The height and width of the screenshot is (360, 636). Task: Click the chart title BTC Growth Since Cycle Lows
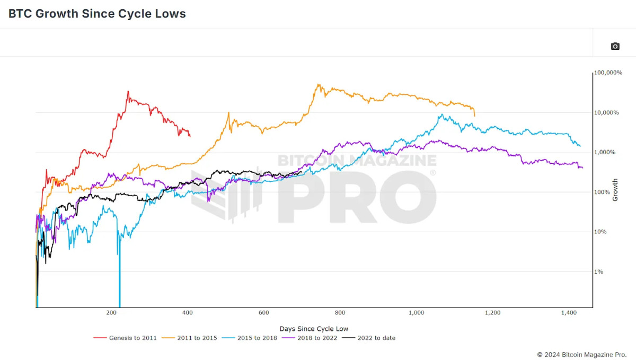[x=97, y=14]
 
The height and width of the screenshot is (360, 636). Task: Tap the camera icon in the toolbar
[x=615, y=46]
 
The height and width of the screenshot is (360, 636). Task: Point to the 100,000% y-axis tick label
[x=608, y=73]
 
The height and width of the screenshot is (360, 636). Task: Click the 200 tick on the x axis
[x=111, y=313]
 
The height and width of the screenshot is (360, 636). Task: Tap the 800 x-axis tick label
[x=340, y=313]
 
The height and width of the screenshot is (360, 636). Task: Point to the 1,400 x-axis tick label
[x=569, y=313]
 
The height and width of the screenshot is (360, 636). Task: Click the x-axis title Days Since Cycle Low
[x=314, y=329]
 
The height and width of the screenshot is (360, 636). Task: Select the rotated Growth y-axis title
[x=615, y=189]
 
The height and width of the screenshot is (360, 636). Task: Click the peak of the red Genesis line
[x=128, y=91]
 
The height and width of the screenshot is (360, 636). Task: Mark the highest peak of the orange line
[x=318, y=84]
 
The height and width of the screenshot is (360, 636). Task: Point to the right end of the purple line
[x=582, y=168]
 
